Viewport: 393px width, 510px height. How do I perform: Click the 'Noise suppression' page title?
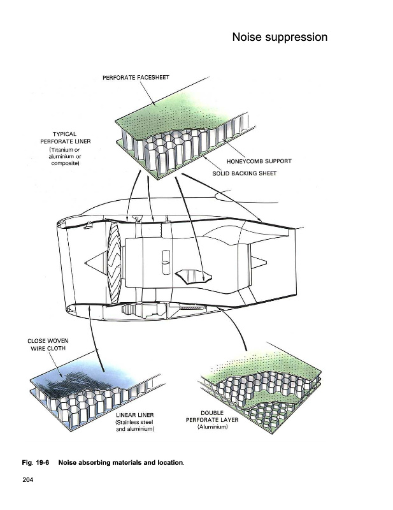[x=280, y=37]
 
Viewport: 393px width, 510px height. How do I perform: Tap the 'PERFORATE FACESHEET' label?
[x=136, y=77]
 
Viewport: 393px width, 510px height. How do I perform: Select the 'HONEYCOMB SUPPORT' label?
[x=259, y=161]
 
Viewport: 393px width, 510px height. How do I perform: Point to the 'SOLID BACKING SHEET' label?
[x=245, y=173]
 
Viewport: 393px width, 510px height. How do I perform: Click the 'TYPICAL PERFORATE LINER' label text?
[x=66, y=138]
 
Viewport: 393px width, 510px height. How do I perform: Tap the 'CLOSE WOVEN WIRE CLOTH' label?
[x=48, y=344]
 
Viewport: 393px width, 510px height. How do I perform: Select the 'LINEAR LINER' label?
[x=134, y=415]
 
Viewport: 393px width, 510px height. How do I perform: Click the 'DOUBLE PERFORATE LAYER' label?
[x=212, y=416]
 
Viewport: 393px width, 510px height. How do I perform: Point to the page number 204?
[x=27, y=479]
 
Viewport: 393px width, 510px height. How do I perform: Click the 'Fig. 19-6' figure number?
[x=36, y=463]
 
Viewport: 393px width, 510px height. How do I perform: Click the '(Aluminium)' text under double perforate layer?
[x=212, y=426]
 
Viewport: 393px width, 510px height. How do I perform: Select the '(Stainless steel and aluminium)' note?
[x=134, y=426]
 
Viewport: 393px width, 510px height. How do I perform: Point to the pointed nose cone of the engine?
[x=94, y=262]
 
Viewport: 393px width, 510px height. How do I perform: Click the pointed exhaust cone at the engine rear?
[x=259, y=262]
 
